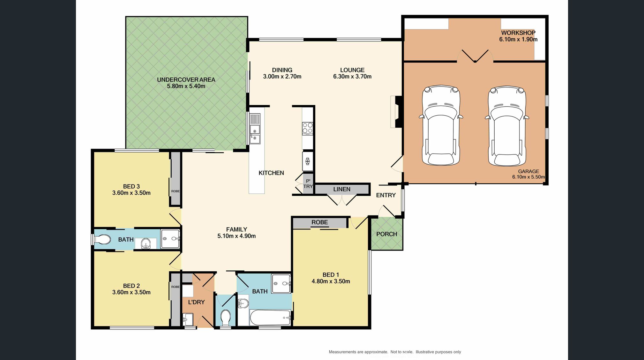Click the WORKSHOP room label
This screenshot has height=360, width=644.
518,33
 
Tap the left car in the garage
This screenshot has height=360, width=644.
441,125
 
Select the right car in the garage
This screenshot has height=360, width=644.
507,126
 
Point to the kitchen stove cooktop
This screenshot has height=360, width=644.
308,128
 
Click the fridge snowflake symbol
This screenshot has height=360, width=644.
308,161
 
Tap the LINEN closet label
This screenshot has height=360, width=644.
342,189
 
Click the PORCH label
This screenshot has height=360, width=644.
387,234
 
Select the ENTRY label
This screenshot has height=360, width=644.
386,195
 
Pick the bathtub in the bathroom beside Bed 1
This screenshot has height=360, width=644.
271,318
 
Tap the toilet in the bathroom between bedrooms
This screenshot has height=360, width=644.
102,239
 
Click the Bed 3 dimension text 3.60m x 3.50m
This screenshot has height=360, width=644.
131,193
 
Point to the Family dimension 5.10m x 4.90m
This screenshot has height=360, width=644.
236,236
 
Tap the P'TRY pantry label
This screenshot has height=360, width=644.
308,184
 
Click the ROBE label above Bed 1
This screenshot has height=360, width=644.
320,222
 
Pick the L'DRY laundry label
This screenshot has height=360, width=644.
196,302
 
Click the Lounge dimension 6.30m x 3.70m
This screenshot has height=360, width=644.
352,76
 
